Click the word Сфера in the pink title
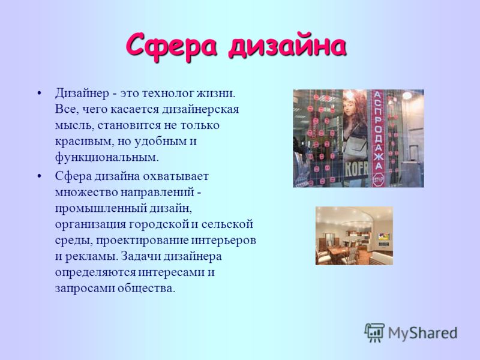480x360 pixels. point(171,47)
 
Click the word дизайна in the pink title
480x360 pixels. point(287,47)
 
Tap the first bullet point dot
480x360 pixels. point(38,93)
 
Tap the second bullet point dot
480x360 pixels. point(38,176)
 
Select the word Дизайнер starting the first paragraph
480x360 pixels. point(82,93)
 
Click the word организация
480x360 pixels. point(91,224)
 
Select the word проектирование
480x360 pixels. point(142,241)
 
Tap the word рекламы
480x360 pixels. point(91,257)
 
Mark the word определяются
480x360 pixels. point(95,272)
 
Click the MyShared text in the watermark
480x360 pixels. point(423,333)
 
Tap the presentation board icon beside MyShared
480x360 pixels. point(374,332)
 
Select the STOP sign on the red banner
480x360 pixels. point(379,179)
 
